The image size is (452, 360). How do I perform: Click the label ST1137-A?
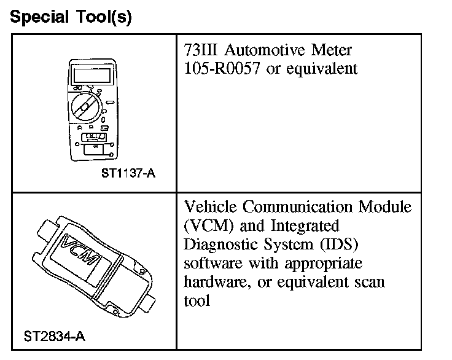click(x=128, y=173)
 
